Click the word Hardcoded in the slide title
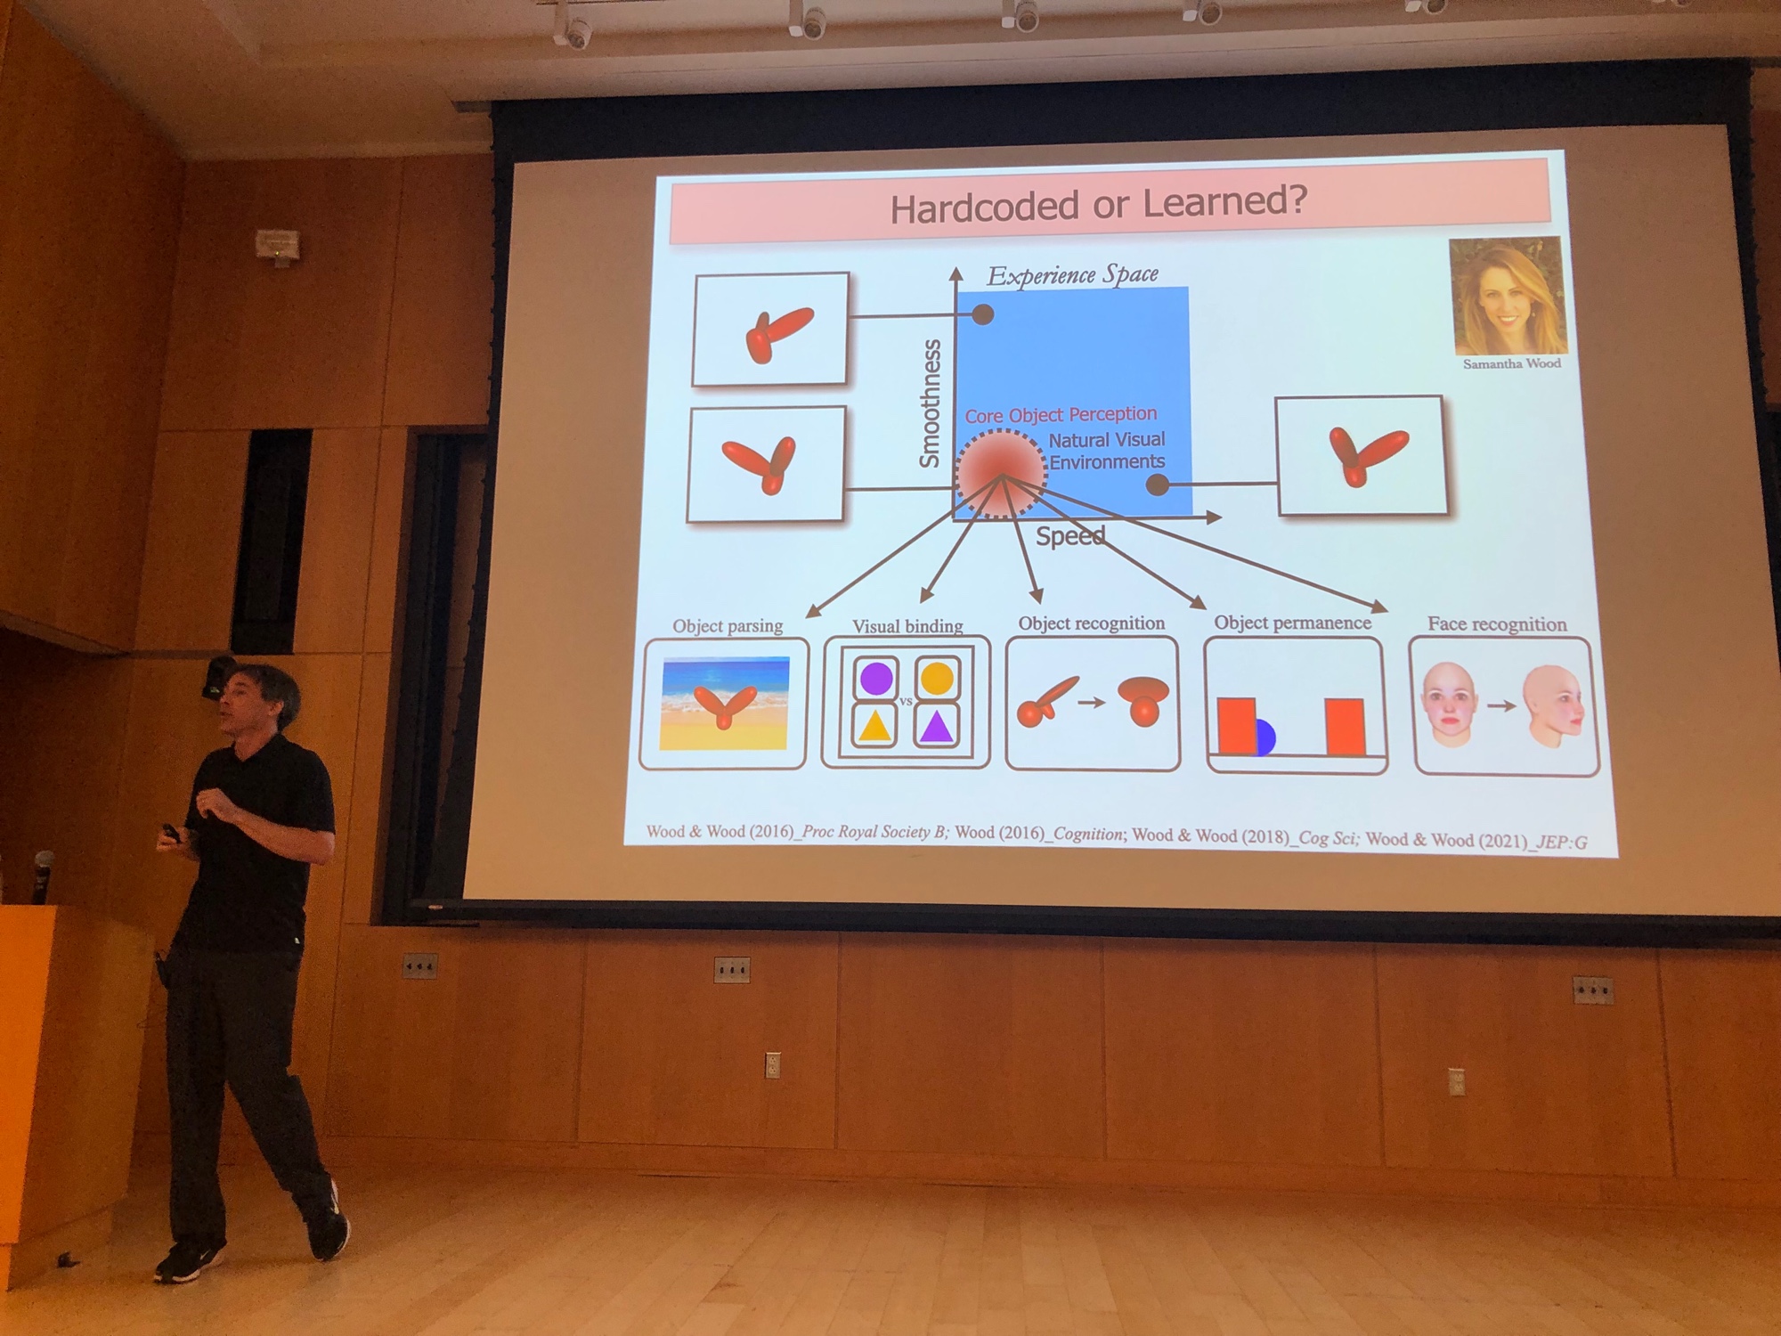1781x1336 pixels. pos(984,208)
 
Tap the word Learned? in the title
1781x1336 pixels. pos(1225,201)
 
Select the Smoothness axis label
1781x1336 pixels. pos(930,403)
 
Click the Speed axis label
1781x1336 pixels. pos(1070,536)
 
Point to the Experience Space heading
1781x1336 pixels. pos(1073,275)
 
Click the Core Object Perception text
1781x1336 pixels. pos(1061,415)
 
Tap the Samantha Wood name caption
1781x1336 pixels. pos(1511,363)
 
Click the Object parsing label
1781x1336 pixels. pos(728,625)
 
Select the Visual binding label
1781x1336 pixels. pos(907,626)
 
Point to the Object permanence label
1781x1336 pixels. pos(1292,623)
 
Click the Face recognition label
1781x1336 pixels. pos(1497,624)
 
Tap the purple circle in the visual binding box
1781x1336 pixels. pos(876,679)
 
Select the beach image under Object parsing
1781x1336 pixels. pos(725,704)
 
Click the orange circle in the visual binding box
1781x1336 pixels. pos(937,677)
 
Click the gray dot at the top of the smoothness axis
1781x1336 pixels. pos(982,314)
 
